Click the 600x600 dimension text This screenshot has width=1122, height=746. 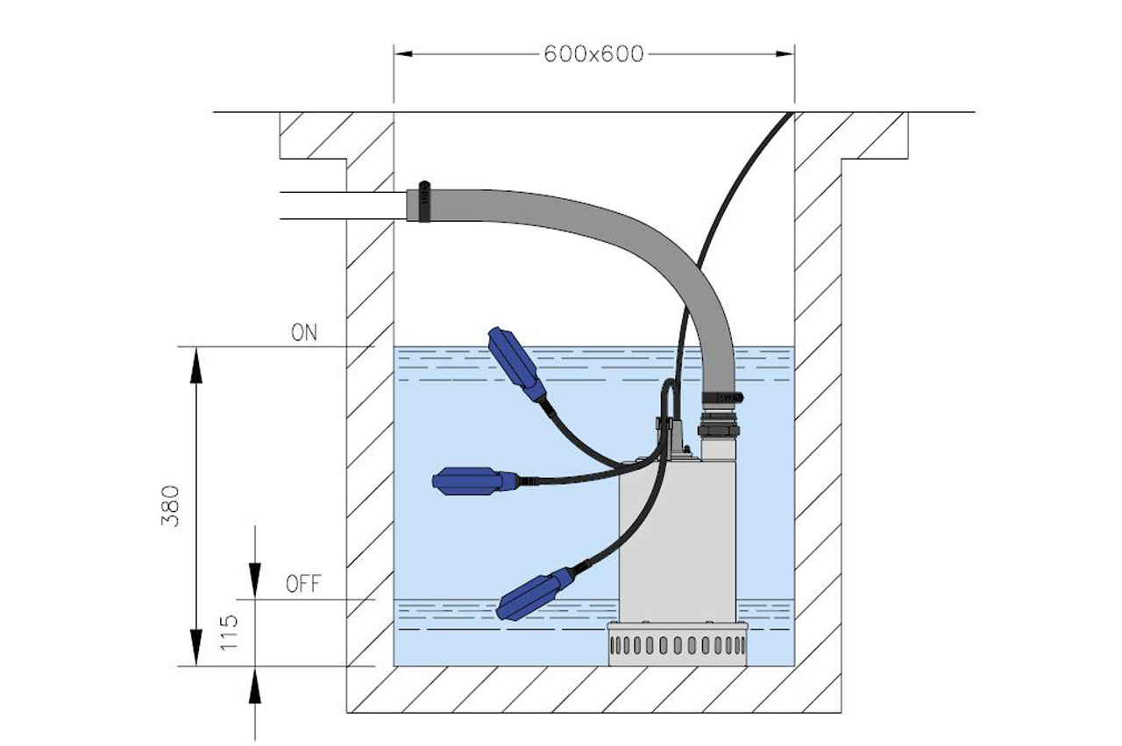(x=593, y=54)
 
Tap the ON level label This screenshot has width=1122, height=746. (x=304, y=332)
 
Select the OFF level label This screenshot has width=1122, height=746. (x=303, y=584)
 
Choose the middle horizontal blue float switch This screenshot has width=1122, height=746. (x=473, y=480)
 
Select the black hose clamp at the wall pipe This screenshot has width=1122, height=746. (x=424, y=202)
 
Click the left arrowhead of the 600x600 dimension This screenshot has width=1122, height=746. (x=402, y=54)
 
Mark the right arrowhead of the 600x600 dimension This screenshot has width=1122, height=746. (x=786, y=54)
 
